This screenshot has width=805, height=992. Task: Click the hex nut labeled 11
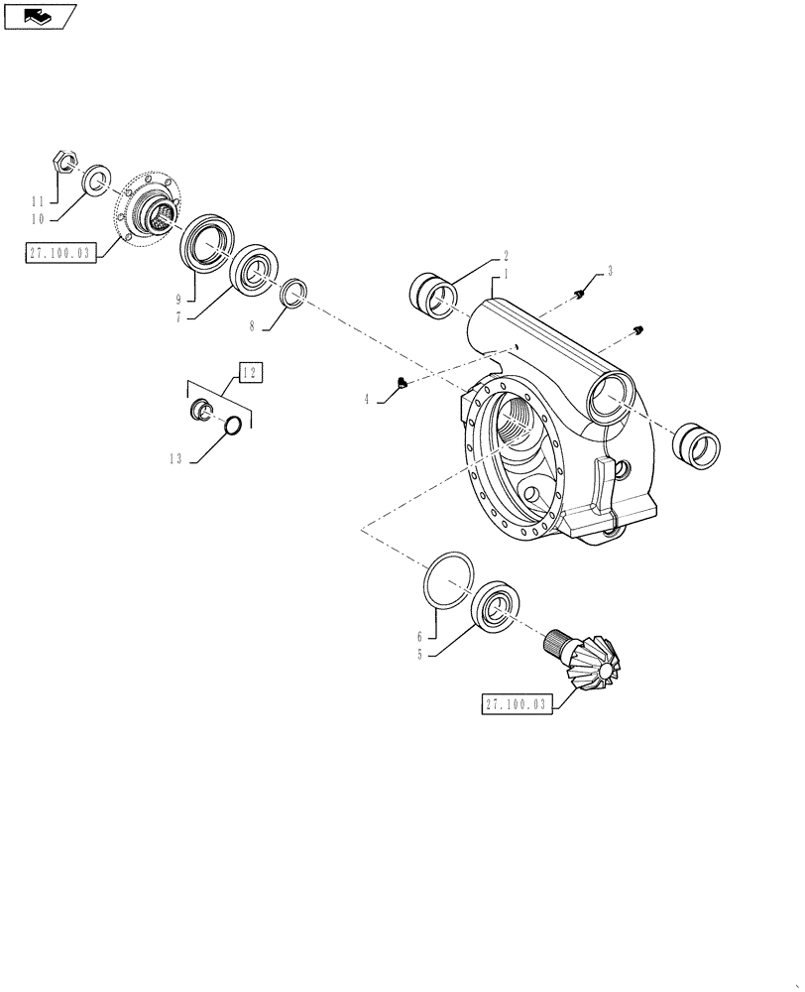[x=60, y=159]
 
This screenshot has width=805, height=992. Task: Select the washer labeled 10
[x=96, y=180]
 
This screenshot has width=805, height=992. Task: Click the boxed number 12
[x=249, y=373]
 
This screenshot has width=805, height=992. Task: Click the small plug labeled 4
[x=401, y=383]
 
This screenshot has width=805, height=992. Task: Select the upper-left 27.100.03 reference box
[x=59, y=254]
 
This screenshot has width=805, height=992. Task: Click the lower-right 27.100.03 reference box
[x=516, y=704]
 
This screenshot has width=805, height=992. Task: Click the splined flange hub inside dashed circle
[x=152, y=210]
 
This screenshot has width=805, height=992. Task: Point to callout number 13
[x=173, y=457]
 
